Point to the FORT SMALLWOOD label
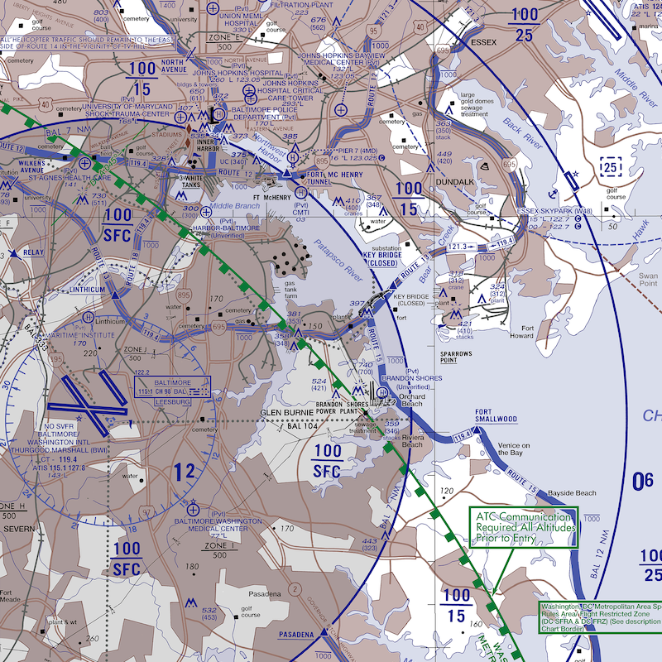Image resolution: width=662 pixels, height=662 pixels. pos(496,415)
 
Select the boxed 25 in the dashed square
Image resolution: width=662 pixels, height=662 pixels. pos(610,168)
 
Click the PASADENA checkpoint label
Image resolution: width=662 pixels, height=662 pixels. pos(296,634)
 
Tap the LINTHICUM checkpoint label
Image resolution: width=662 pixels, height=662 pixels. pos(88,290)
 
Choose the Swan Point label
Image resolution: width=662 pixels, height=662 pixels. pos(647,280)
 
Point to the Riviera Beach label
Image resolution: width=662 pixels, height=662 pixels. pos(411,439)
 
